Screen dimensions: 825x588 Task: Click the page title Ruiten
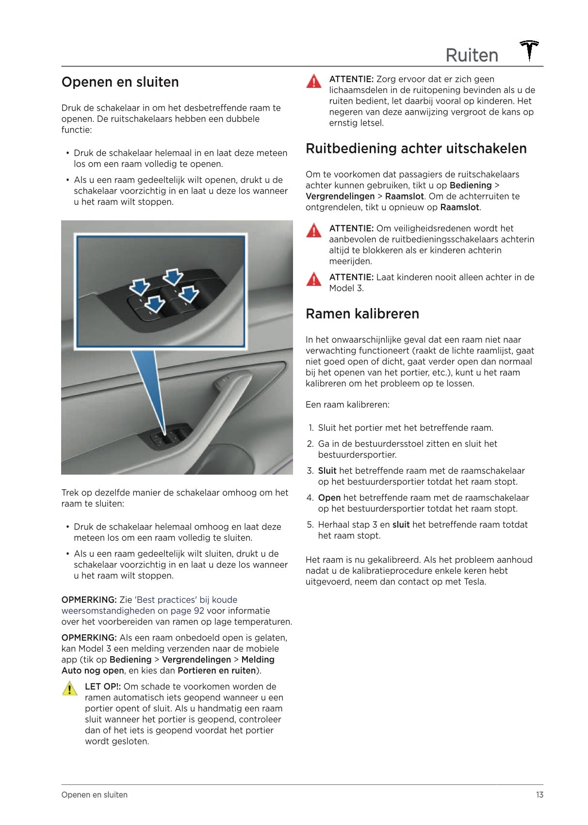tap(472, 55)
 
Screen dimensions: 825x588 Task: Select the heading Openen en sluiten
tap(120, 82)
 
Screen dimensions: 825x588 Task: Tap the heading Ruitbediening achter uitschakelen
tap(416, 148)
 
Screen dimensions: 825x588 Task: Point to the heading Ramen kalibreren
tap(362, 314)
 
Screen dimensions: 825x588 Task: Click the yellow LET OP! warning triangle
tap(70, 689)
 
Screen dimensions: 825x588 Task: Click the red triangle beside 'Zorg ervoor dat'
tap(314, 81)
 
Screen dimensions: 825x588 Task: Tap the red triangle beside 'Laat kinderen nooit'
tap(314, 280)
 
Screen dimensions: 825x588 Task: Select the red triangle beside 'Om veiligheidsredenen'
tap(314, 230)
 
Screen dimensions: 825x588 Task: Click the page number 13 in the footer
tap(539, 795)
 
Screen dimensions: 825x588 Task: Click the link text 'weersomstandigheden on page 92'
tap(132, 610)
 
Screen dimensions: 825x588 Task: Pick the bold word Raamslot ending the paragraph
tap(459, 207)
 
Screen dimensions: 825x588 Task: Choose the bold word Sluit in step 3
tap(327, 471)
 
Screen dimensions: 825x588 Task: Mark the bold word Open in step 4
tap(329, 498)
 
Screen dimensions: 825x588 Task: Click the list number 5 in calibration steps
tap(310, 525)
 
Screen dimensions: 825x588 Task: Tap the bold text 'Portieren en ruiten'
tap(216, 671)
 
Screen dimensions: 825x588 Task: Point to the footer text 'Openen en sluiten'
tap(94, 795)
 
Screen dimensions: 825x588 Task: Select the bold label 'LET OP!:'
tap(103, 687)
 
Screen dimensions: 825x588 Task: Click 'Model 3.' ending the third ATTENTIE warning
tap(346, 288)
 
